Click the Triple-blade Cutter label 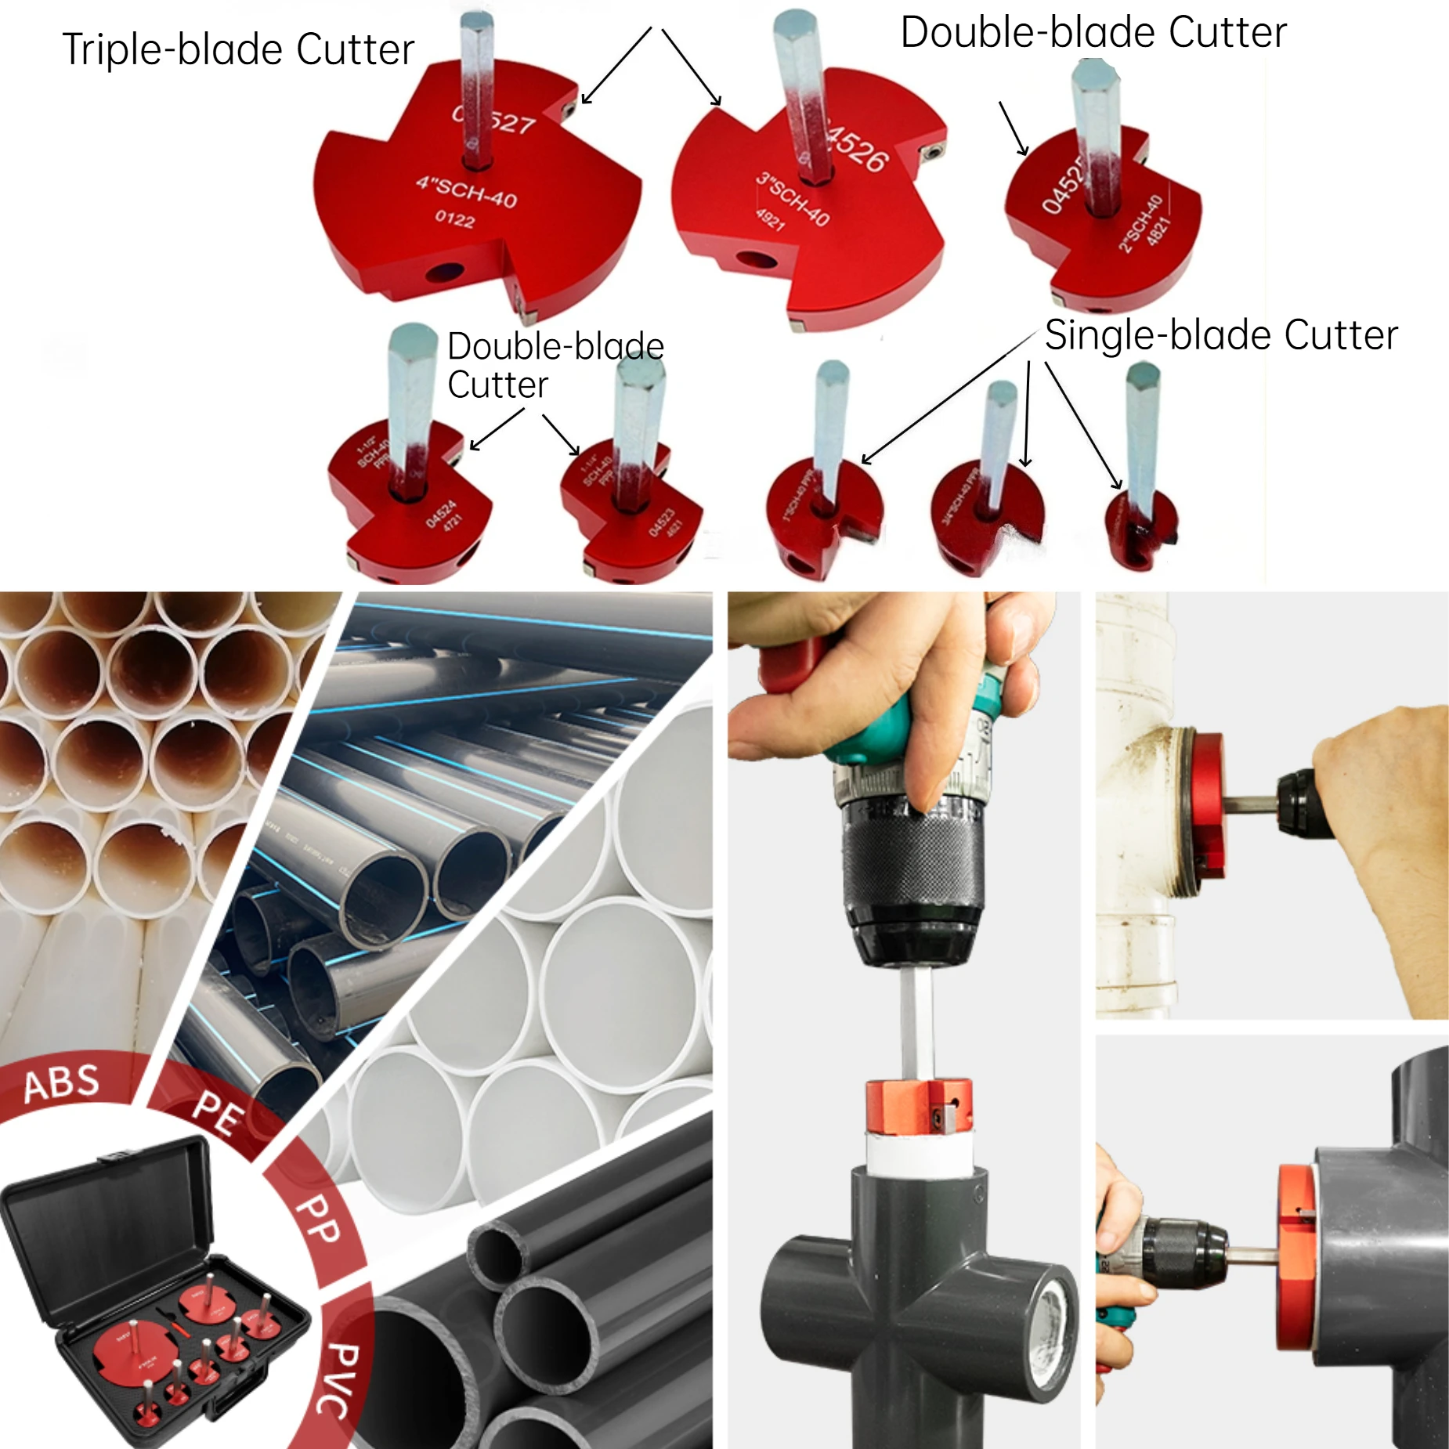(237, 50)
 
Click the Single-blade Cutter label (1220, 335)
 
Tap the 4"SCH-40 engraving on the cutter (467, 192)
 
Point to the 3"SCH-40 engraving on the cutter (793, 199)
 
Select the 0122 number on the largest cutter (455, 219)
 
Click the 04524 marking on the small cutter (440, 513)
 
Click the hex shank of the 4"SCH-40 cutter (475, 86)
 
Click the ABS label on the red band (61, 1084)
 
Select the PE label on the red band (217, 1112)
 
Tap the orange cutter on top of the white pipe (918, 1104)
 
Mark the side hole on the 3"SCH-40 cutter (757, 260)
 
